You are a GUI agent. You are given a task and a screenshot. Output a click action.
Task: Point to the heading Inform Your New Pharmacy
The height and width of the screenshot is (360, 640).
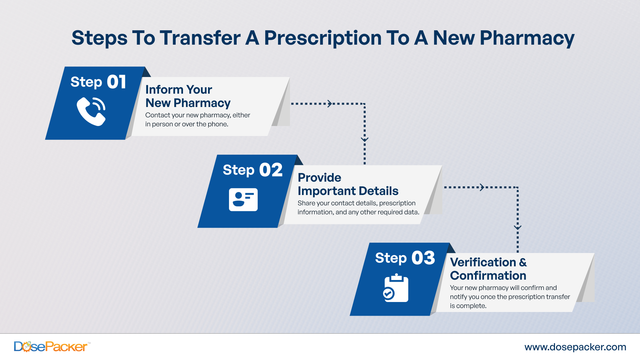coord(188,95)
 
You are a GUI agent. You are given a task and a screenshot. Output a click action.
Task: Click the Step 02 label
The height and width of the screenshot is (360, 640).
coord(253,170)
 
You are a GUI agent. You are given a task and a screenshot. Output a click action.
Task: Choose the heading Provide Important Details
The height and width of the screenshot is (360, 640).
coord(348,183)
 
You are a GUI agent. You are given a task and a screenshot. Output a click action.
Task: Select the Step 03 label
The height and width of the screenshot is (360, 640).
coord(405,258)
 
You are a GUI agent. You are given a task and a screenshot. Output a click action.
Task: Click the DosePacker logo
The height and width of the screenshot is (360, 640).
coord(48,345)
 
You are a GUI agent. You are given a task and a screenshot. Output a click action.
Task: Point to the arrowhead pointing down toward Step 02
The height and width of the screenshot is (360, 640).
coord(365,138)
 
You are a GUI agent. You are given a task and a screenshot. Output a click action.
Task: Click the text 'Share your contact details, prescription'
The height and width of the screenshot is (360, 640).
coord(356,203)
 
